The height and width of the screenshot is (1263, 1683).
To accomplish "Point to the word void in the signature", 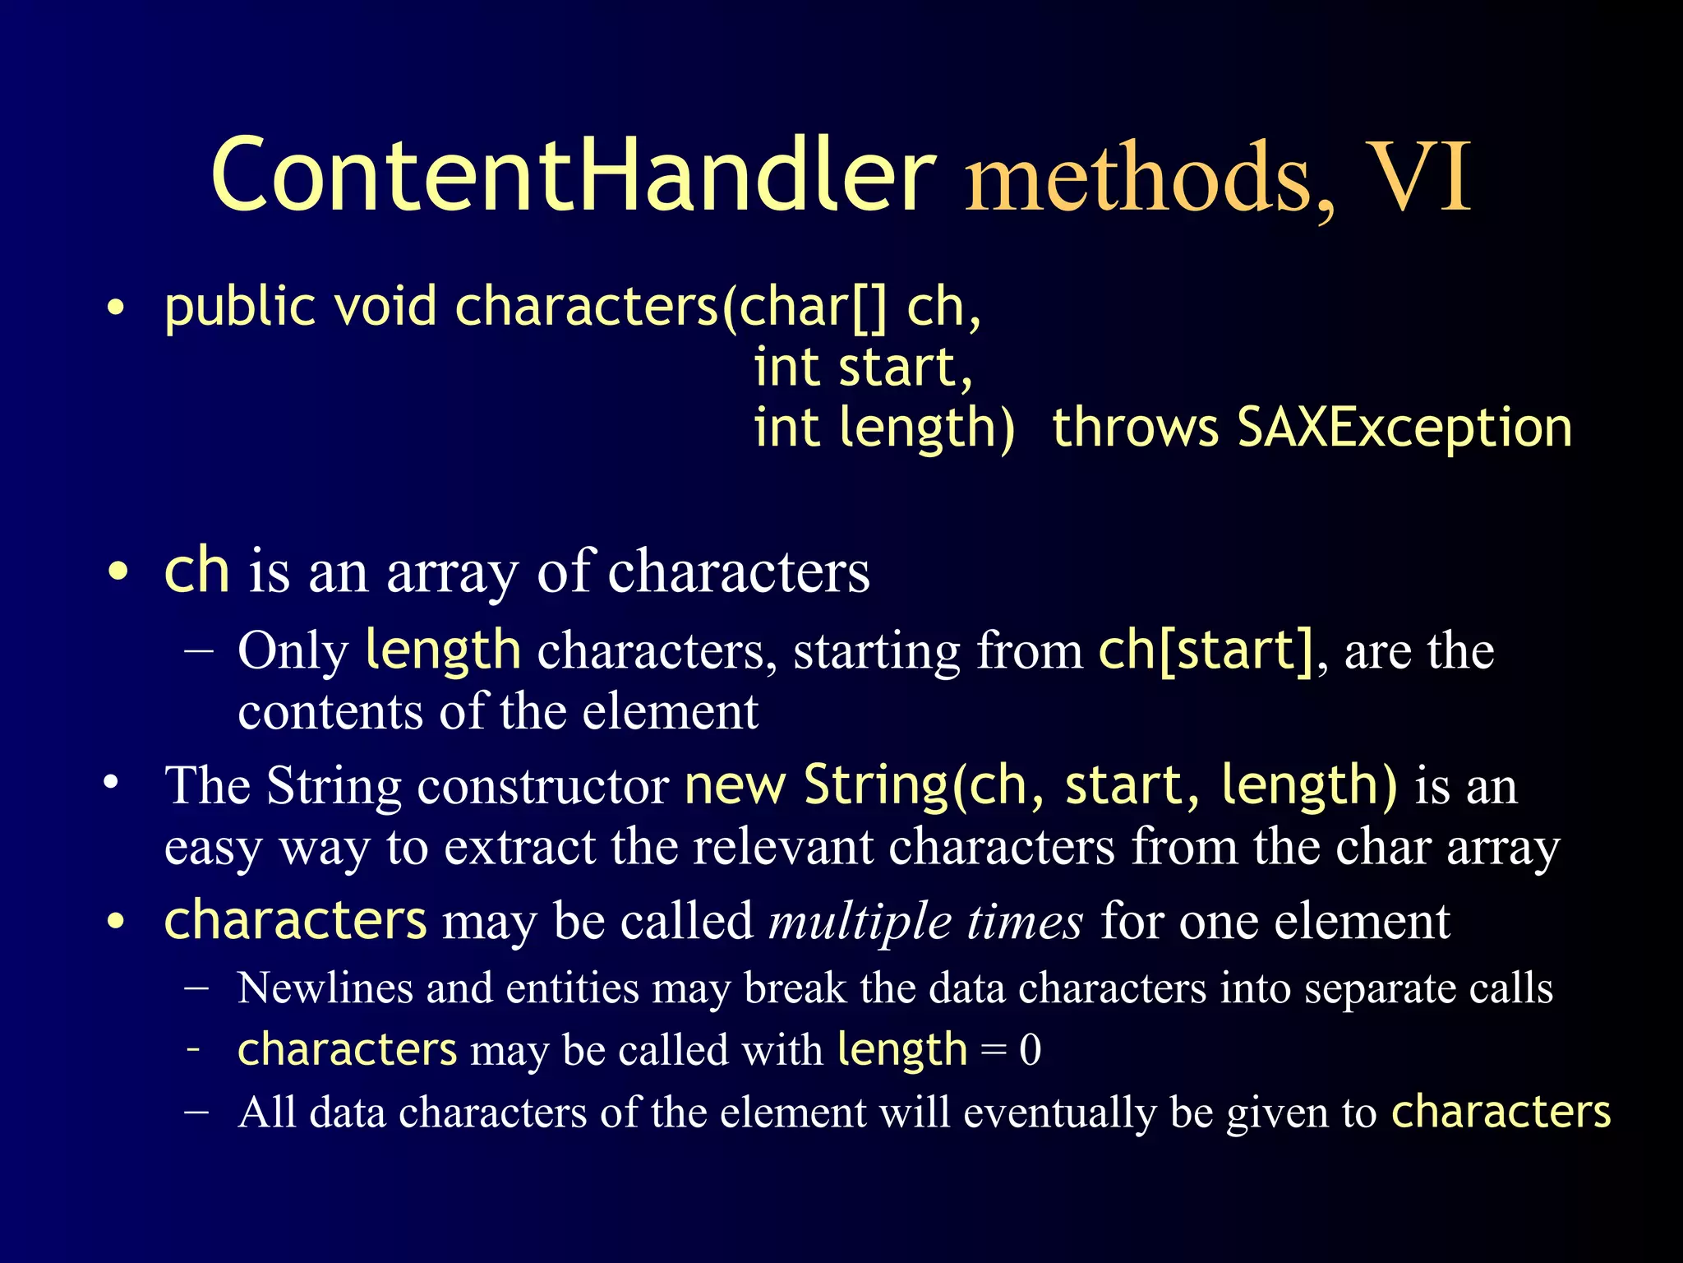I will click(385, 307).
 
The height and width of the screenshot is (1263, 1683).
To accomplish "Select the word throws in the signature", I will click(1135, 428).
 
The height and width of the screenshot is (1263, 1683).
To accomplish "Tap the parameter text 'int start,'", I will click(863, 368).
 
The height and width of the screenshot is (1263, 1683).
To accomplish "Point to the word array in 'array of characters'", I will click(452, 573).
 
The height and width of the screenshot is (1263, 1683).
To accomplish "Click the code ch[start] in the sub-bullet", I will click(1207, 650).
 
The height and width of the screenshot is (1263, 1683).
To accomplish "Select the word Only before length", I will click(293, 652).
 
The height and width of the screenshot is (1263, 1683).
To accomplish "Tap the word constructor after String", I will click(543, 786).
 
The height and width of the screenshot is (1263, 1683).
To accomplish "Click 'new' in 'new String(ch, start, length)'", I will click(735, 786).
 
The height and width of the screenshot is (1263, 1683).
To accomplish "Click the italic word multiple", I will click(859, 921).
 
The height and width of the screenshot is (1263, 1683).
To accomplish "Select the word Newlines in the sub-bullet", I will click(324, 988).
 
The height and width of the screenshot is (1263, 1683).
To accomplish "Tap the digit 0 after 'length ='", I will click(1030, 1051).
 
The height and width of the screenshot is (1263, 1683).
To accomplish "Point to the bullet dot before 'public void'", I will click(117, 308).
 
